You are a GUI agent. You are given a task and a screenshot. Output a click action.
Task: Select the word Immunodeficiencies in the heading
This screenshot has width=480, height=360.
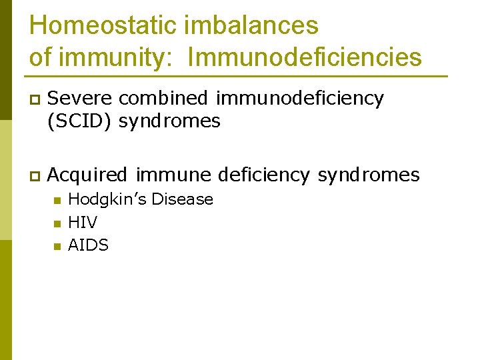point(305,57)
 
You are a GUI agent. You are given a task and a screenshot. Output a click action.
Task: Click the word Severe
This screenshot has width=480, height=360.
point(81,98)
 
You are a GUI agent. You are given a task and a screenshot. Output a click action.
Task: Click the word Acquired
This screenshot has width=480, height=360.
point(87,175)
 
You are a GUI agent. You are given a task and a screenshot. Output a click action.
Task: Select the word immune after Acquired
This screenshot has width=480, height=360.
point(173,175)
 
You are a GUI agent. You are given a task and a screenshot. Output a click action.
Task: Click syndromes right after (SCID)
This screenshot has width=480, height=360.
point(169,121)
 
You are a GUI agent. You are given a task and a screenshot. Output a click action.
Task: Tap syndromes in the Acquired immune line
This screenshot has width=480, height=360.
point(368,175)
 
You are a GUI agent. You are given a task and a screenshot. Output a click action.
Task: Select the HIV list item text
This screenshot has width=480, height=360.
point(83,222)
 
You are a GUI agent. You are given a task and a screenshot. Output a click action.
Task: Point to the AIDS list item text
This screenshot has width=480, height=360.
point(88,245)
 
